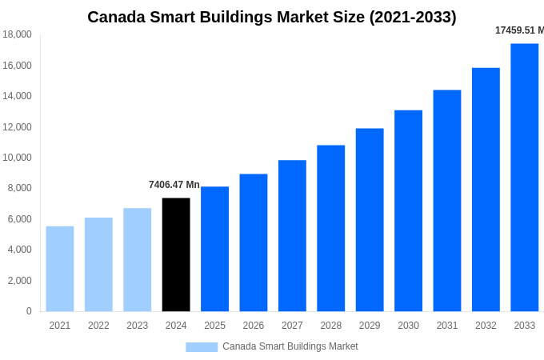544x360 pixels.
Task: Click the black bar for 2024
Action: [x=176, y=254]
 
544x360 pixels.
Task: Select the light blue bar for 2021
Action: [x=60, y=269]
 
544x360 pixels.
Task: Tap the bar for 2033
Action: [x=524, y=178]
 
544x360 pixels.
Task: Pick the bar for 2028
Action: [x=330, y=228]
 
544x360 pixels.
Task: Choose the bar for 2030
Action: [x=408, y=210]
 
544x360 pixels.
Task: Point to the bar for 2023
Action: [x=137, y=260]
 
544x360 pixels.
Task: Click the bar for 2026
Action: [x=254, y=242]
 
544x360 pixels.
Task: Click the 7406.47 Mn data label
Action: [x=174, y=185]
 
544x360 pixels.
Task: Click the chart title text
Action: [x=272, y=17]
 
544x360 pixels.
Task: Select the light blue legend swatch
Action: [x=202, y=346]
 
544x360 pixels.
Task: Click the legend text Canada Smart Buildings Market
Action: [x=290, y=346]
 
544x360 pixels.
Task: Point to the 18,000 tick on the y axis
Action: [x=18, y=34]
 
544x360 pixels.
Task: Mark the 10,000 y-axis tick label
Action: [x=18, y=158]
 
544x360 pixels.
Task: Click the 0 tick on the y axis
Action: [x=29, y=311]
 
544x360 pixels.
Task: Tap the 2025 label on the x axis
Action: [x=214, y=326]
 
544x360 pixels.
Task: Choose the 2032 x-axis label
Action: [x=486, y=326]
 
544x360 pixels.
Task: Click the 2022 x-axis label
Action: [x=98, y=326]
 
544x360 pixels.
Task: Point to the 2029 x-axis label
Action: [x=370, y=326]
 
